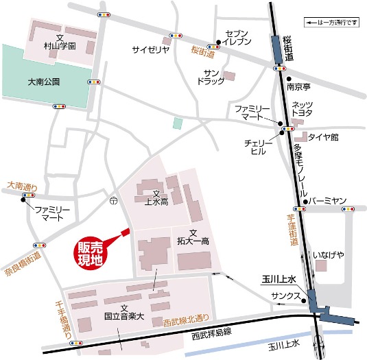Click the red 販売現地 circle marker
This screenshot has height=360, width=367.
tap(91, 253)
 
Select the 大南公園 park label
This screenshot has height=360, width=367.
tap(44, 81)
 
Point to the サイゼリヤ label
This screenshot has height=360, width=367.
tap(150, 49)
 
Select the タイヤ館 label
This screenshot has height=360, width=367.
tap(324, 137)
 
